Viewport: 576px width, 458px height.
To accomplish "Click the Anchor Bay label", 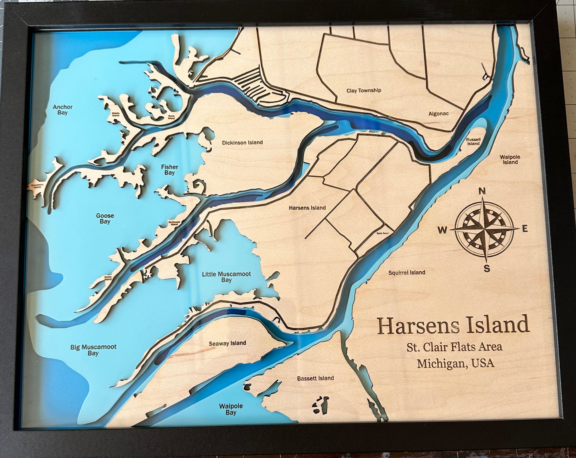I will pyautogui.click(x=63, y=110).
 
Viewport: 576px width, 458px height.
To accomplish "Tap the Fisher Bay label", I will pyautogui.click(x=169, y=170).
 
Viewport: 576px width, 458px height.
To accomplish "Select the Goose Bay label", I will pyautogui.click(x=105, y=218).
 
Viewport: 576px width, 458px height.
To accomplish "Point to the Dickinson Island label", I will pyautogui.click(x=242, y=143).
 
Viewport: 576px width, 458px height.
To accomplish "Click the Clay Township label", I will pyautogui.click(x=364, y=90).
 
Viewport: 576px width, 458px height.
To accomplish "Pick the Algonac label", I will pyautogui.click(x=438, y=114).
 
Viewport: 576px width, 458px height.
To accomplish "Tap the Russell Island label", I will pyautogui.click(x=473, y=141).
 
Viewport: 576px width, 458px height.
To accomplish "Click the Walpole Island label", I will pyautogui.click(x=510, y=159).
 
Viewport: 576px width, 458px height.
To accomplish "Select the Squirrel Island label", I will pyautogui.click(x=407, y=272).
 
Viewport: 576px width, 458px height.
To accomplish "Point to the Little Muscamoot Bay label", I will pyautogui.click(x=226, y=277).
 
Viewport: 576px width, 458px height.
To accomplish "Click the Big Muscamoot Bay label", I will pyautogui.click(x=93, y=350).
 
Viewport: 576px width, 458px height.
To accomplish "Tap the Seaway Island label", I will pyautogui.click(x=227, y=343).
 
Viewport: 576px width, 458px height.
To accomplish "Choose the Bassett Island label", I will pyautogui.click(x=315, y=378).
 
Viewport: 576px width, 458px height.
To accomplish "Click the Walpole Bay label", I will pyautogui.click(x=231, y=409).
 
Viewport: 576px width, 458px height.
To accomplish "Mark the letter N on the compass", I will pyautogui.click(x=482, y=191).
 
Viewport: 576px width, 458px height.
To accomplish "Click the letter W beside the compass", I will pyautogui.click(x=442, y=230).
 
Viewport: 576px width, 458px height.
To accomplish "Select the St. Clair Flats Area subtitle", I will pyautogui.click(x=454, y=346).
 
